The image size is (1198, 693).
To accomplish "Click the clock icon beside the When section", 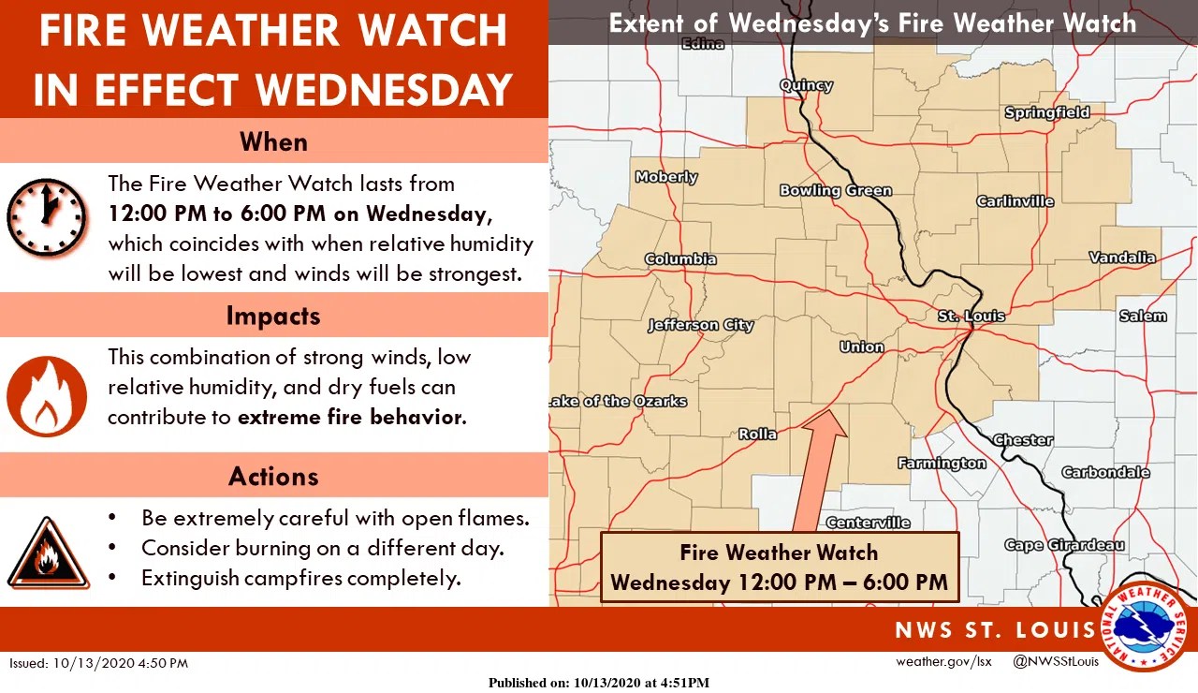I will coord(47,217).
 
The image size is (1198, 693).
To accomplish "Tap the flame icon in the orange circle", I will coord(47,395).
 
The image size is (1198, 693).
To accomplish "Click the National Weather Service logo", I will coord(1145,627).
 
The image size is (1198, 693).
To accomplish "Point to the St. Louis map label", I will coord(971,317).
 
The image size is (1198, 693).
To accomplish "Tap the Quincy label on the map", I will coord(806,85).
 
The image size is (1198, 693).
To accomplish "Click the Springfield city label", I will coord(1046,112).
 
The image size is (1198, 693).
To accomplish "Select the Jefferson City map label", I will coord(700,325).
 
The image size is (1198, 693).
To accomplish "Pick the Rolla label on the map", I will coord(757,434).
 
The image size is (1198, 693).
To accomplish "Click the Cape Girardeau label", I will coord(1064,545).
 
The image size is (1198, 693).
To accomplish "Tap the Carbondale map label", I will coord(1105,472).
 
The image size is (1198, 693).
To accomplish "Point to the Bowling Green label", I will coord(835,190).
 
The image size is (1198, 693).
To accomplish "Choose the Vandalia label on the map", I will coord(1122,257).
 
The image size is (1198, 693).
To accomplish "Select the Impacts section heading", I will coord(273,316).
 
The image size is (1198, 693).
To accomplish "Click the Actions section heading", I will coord(273,476).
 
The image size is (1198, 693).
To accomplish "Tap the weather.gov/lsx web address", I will coord(942,662).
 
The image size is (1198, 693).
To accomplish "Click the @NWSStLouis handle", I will coord(1056,662).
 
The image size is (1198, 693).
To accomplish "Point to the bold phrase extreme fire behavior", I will coord(351,417).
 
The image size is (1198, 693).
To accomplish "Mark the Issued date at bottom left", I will coord(99,663).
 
